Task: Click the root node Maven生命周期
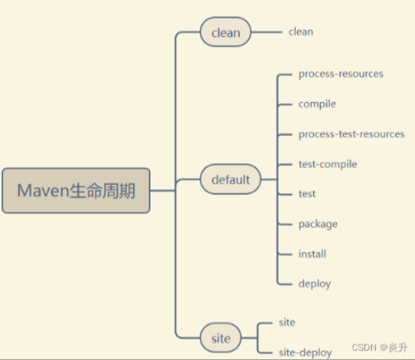[76, 190]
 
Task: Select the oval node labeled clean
[225, 32]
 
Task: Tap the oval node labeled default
[230, 179]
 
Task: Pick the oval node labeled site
[221, 338]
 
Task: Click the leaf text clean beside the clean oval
[301, 31]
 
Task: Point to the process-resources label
[340, 74]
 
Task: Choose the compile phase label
[317, 104]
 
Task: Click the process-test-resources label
[351, 134]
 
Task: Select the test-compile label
[328, 164]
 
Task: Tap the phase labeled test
[307, 193]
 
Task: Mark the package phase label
[318, 223]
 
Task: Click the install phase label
[312, 254]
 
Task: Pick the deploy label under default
[314, 284]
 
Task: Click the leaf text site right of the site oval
[286, 322]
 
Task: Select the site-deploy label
[304, 350]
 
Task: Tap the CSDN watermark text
[363, 348]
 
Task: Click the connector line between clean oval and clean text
[265, 32]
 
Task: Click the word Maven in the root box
[43, 190]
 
